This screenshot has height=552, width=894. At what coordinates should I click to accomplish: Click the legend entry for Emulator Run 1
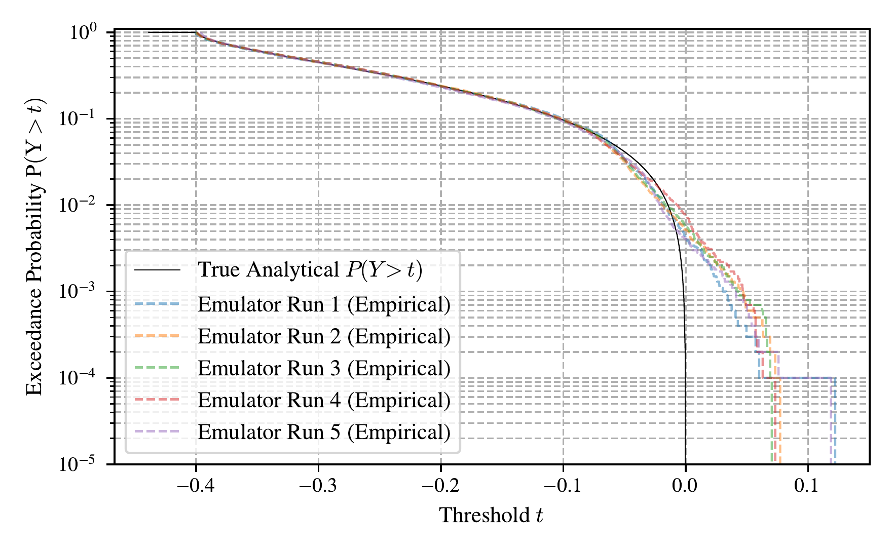point(324,305)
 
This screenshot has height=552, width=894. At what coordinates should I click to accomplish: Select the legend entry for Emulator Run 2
point(324,337)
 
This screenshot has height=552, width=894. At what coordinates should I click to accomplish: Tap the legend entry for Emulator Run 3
point(324,369)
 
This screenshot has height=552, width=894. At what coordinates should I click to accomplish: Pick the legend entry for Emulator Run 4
point(324,401)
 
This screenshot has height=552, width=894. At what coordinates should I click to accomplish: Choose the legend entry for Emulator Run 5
point(324,432)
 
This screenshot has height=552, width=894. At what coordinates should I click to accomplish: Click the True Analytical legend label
point(310,270)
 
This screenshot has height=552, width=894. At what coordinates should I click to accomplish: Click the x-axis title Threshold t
point(491,516)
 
